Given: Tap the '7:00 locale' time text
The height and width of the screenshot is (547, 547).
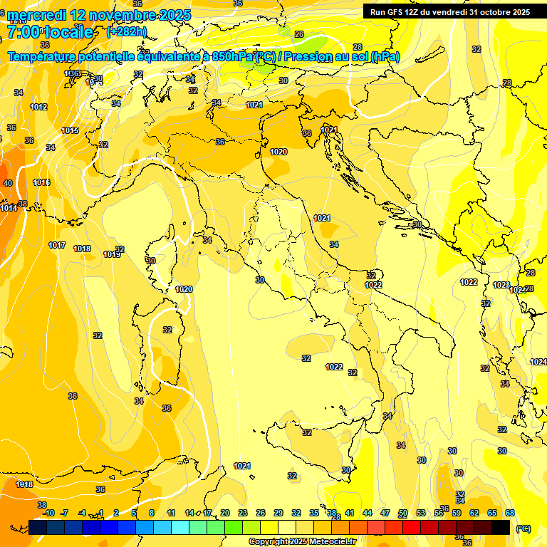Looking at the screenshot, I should click(x=50, y=32).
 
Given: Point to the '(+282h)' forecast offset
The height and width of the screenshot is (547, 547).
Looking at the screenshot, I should click(x=127, y=32).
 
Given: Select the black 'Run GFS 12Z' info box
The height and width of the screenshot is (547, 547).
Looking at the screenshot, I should click(x=449, y=11).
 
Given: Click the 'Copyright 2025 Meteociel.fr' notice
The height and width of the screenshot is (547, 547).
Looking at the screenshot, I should click(x=302, y=542).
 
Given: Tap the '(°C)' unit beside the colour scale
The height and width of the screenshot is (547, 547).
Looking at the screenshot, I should click(x=523, y=528).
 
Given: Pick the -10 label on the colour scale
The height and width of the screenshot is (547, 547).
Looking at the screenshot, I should click(x=48, y=513).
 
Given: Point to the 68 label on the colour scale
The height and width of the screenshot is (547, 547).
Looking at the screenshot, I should click(x=510, y=513).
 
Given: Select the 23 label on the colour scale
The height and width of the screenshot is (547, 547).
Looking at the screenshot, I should click(x=243, y=513).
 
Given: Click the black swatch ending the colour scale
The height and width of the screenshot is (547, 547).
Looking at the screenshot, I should click(x=501, y=527).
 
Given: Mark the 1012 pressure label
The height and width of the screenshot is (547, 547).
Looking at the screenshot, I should click(x=39, y=108).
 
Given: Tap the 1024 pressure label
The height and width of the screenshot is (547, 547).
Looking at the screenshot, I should click(x=538, y=363).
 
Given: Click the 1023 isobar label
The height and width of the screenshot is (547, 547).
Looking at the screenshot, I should click(x=501, y=286).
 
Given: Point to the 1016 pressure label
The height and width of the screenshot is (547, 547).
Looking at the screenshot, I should click(x=41, y=183).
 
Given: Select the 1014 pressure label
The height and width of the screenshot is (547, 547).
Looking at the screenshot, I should click(x=9, y=209).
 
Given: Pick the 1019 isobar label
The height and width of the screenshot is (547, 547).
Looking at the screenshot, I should click(x=111, y=254).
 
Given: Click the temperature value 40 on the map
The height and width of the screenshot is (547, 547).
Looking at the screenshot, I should click(x=8, y=183).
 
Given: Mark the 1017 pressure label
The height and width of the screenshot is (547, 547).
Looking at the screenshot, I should click(x=57, y=246).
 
